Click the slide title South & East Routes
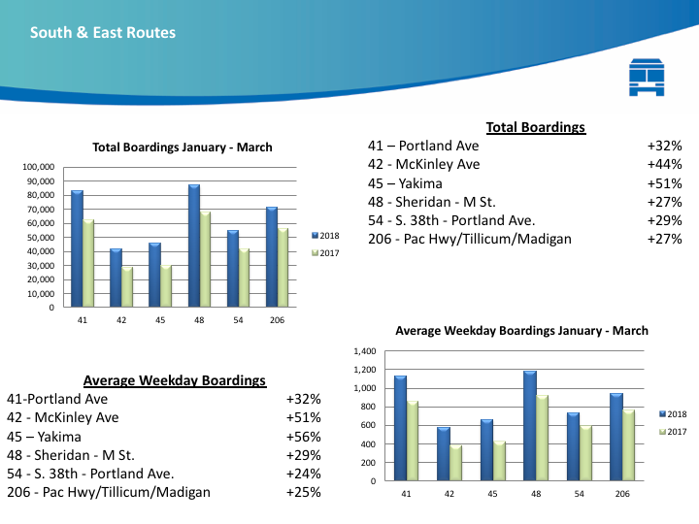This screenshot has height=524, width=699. coord(103,33)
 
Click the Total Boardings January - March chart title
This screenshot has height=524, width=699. coord(183,147)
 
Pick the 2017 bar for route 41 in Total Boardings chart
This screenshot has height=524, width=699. coord(88,263)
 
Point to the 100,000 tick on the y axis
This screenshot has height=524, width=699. coord(38,167)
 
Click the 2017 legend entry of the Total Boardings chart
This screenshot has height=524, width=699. coord(325,252)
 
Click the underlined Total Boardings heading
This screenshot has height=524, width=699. coord(536,127)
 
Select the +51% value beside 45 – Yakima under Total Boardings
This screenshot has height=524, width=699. coord(664,183)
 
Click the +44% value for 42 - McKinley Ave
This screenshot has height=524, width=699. coord(664,164)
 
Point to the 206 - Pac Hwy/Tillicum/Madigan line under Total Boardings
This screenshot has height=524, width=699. coord(469,239)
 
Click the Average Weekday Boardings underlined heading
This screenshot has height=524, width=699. coord(175,380)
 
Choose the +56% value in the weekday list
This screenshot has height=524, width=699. coord(303,437)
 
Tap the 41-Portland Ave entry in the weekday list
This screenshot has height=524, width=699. coord(57,399)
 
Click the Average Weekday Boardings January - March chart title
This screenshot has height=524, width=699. coord(521,331)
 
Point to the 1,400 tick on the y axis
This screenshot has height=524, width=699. coord(366,351)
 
